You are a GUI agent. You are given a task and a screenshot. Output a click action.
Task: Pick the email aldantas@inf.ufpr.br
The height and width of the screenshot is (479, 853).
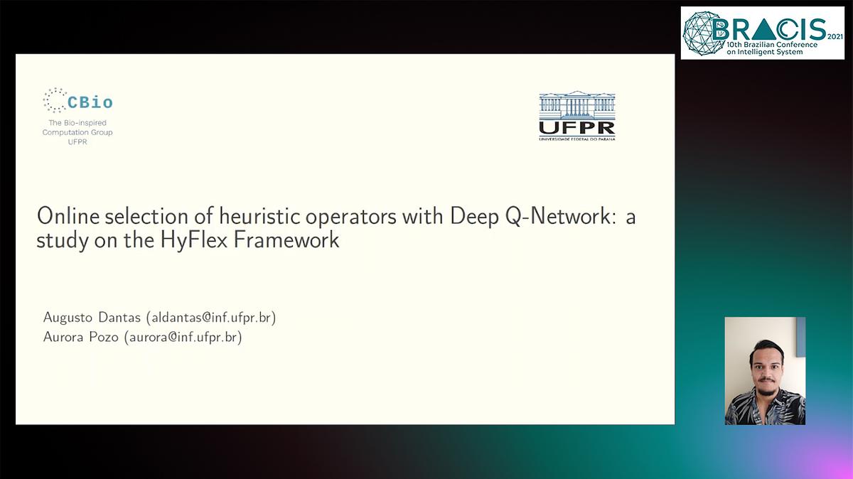click(x=210, y=317)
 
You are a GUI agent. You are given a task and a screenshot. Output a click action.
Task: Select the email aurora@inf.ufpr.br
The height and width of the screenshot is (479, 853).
click(x=183, y=338)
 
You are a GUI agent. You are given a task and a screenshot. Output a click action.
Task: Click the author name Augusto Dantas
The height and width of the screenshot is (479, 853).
click(x=92, y=317)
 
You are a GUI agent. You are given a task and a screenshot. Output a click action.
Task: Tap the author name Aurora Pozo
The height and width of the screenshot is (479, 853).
click(x=82, y=338)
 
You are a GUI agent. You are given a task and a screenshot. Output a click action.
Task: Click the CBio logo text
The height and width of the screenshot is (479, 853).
click(x=90, y=102)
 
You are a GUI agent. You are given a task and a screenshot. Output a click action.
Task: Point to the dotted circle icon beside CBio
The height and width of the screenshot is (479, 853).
click(x=55, y=100)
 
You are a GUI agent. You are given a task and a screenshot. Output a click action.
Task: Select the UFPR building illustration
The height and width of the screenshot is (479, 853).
click(x=576, y=105)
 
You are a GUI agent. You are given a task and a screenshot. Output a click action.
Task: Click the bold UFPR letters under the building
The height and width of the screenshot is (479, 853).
click(x=576, y=128)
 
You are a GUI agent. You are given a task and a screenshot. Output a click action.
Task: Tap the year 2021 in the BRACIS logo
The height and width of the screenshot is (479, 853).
click(x=836, y=36)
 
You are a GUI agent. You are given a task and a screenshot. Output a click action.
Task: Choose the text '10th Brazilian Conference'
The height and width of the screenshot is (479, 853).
click(x=771, y=44)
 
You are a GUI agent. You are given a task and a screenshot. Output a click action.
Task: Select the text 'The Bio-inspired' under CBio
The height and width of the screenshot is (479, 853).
click(x=77, y=123)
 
